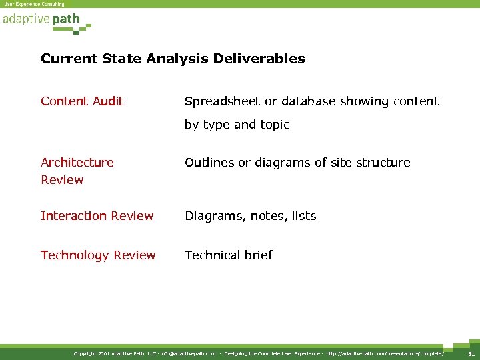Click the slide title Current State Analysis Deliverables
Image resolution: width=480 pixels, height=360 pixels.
(x=173, y=59)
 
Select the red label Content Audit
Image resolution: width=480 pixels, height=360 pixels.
(x=82, y=101)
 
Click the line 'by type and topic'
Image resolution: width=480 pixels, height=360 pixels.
(x=237, y=125)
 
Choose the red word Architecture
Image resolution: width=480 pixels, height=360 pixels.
(x=77, y=163)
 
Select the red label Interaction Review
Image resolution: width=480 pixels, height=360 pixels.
(x=97, y=216)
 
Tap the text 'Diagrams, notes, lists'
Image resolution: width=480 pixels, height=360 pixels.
(x=251, y=216)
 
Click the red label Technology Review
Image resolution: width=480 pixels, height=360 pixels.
(x=98, y=255)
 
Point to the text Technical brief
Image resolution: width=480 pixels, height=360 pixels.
(x=229, y=255)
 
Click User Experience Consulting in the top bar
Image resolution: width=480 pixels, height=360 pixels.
(x=35, y=4)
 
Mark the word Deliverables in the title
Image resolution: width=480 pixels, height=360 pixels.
(x=259, y=59)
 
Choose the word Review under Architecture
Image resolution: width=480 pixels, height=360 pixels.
(x=62, y=180)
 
